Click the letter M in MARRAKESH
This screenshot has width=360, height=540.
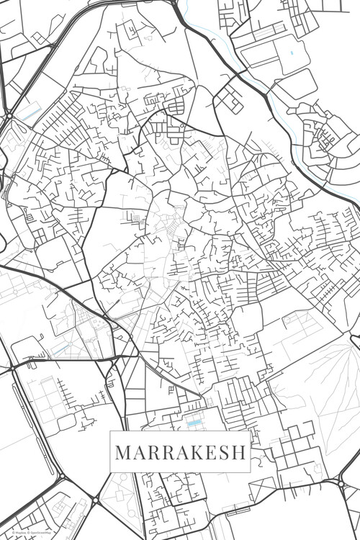tap(123, 454)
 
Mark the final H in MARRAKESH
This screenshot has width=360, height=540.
tap(240, 454)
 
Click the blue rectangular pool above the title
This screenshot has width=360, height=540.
tap(192, 423)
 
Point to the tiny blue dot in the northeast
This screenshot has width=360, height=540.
tap(292, 53)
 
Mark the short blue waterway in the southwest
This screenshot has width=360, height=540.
tap(60, 350)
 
